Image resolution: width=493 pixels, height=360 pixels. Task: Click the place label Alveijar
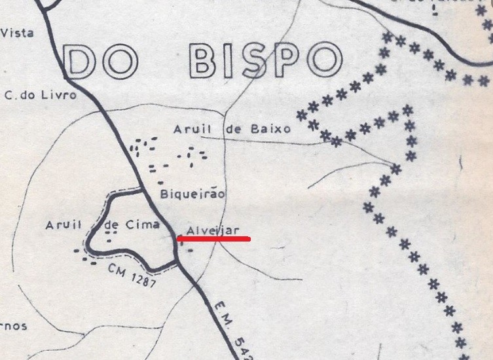tap(213, 230)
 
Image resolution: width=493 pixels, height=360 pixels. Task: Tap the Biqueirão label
tap(192, 194)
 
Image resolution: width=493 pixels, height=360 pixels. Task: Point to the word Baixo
tap(270, 129)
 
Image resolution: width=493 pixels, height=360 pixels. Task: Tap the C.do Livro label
tap(40, 95)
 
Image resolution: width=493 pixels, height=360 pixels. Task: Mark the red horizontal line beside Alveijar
tap(214, 240)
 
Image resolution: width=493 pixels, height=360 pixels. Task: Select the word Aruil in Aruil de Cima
tap(64, 225)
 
